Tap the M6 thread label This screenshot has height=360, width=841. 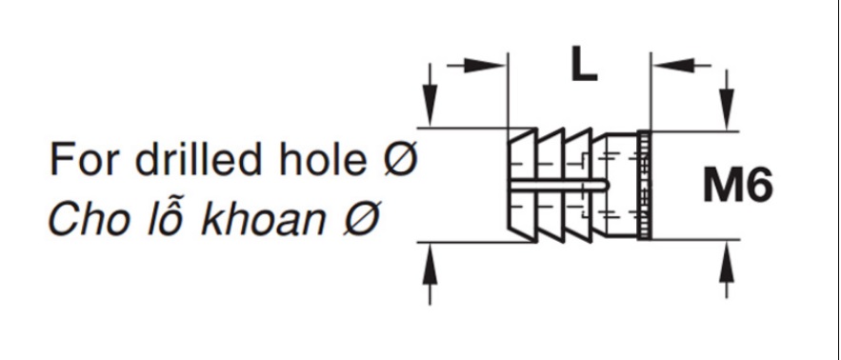[738, 185]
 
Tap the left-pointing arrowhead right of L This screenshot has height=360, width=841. [672, 66]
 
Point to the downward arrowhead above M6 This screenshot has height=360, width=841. [727, 110]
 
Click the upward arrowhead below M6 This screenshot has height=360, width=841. [727, 261]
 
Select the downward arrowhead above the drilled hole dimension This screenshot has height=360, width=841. [430, 106]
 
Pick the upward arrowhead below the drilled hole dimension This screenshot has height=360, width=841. [430, 264]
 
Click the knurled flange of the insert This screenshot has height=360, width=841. [644, 185]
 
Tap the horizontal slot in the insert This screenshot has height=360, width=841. [558, 185]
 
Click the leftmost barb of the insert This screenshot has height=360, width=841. [522, 185]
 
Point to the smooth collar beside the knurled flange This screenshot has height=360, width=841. [622, 185]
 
